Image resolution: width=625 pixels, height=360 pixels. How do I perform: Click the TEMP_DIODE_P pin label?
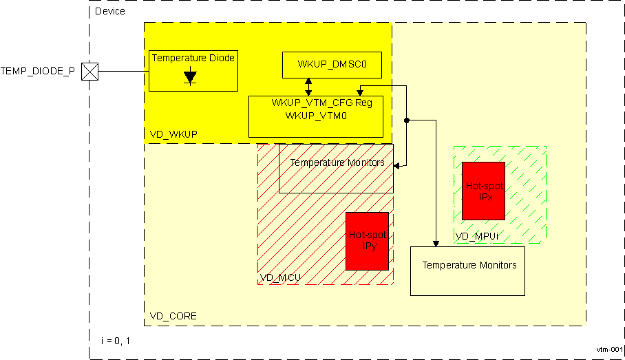tap(38, 71)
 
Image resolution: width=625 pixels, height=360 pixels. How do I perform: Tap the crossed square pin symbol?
tap(90, 71)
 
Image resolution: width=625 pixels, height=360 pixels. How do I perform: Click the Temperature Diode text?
tap(193, 59)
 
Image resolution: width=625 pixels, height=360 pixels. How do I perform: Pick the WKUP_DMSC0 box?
tap(332, 65)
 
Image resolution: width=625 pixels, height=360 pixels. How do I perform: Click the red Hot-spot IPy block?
tap(368, 240)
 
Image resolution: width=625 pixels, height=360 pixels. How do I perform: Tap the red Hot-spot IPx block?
tap(483, 191)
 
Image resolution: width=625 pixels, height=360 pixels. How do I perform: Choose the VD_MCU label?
tap(280, 278)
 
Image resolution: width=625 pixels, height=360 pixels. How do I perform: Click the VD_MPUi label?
tap(477, 236)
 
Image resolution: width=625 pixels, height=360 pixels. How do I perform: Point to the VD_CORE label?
tap(173, 316)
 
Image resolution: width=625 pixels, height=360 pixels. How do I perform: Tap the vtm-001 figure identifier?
tap(610, 350)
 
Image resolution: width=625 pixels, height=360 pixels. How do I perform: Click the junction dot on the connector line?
tap(407, 120)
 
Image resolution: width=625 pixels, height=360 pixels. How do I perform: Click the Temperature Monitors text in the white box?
tap(469, 265)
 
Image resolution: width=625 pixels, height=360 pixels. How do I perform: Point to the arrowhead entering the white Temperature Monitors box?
tap(435, 243)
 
